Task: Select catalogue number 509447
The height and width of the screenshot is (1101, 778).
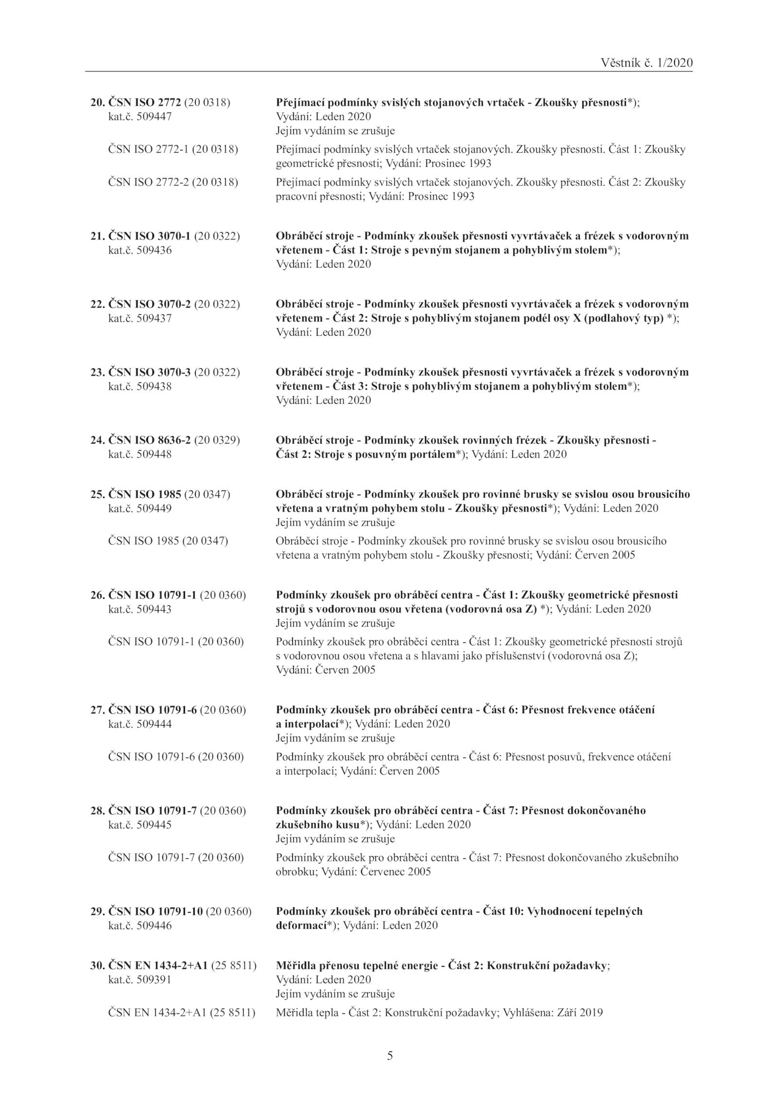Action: [154, 117]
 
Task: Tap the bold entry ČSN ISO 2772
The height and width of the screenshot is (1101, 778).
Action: [144, 103]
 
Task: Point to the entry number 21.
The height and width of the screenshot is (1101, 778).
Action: [97, 236]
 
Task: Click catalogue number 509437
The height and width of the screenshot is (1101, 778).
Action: [154, 319]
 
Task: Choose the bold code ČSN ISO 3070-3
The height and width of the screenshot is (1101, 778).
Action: [150, 373]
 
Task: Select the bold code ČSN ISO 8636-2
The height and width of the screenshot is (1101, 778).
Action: [150, 441]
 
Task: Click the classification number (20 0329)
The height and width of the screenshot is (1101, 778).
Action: [217, 441]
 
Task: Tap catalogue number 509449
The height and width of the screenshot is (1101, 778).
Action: [154, 509]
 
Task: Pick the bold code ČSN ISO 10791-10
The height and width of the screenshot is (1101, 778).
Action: [155, 911]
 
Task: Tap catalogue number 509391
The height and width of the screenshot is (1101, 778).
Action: [154, 979]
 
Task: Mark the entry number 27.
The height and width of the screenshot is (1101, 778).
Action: [97, 710]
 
